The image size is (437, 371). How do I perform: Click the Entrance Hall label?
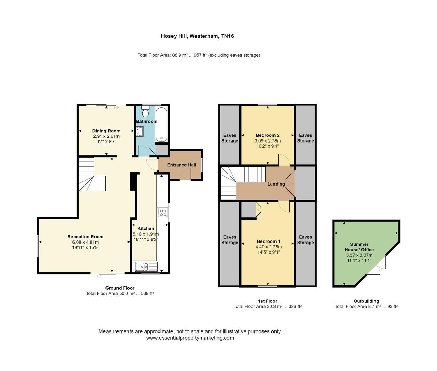click(182, 165)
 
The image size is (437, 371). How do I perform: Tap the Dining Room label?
click(106, 131)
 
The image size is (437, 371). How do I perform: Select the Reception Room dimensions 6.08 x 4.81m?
click(85, 242)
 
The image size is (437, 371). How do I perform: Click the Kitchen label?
click(146, 228)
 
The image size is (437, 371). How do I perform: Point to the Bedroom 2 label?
click(267, 135)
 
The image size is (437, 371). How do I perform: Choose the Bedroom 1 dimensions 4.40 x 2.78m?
click(268, 247)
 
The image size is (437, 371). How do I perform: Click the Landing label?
click(276, 184)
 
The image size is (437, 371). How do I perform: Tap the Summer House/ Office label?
click(359, 247)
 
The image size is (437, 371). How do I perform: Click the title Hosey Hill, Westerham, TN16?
click(197, 36)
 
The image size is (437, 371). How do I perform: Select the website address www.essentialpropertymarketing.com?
click(190, 338)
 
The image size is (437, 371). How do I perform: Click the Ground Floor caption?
click(120, 288)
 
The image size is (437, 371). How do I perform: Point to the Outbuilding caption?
click(366, 301)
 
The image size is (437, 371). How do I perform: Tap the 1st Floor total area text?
click(267, 307)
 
